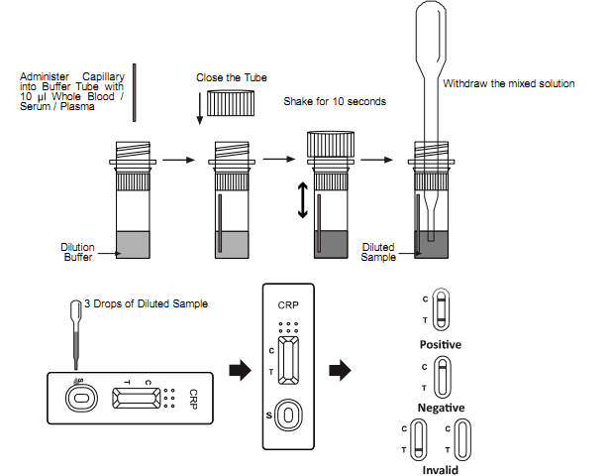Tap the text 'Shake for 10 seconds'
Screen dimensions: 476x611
[335, 101]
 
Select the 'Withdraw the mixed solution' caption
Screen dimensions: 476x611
[508, 83]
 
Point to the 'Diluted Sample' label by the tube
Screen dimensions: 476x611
[378, 252]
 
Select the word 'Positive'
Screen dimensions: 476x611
[441, 344]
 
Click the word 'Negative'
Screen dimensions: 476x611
[441, 408]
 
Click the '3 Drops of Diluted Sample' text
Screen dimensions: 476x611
[146, 303]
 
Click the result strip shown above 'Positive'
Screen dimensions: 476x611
[442, 311]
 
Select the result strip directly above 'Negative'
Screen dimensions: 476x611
[442, 377]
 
